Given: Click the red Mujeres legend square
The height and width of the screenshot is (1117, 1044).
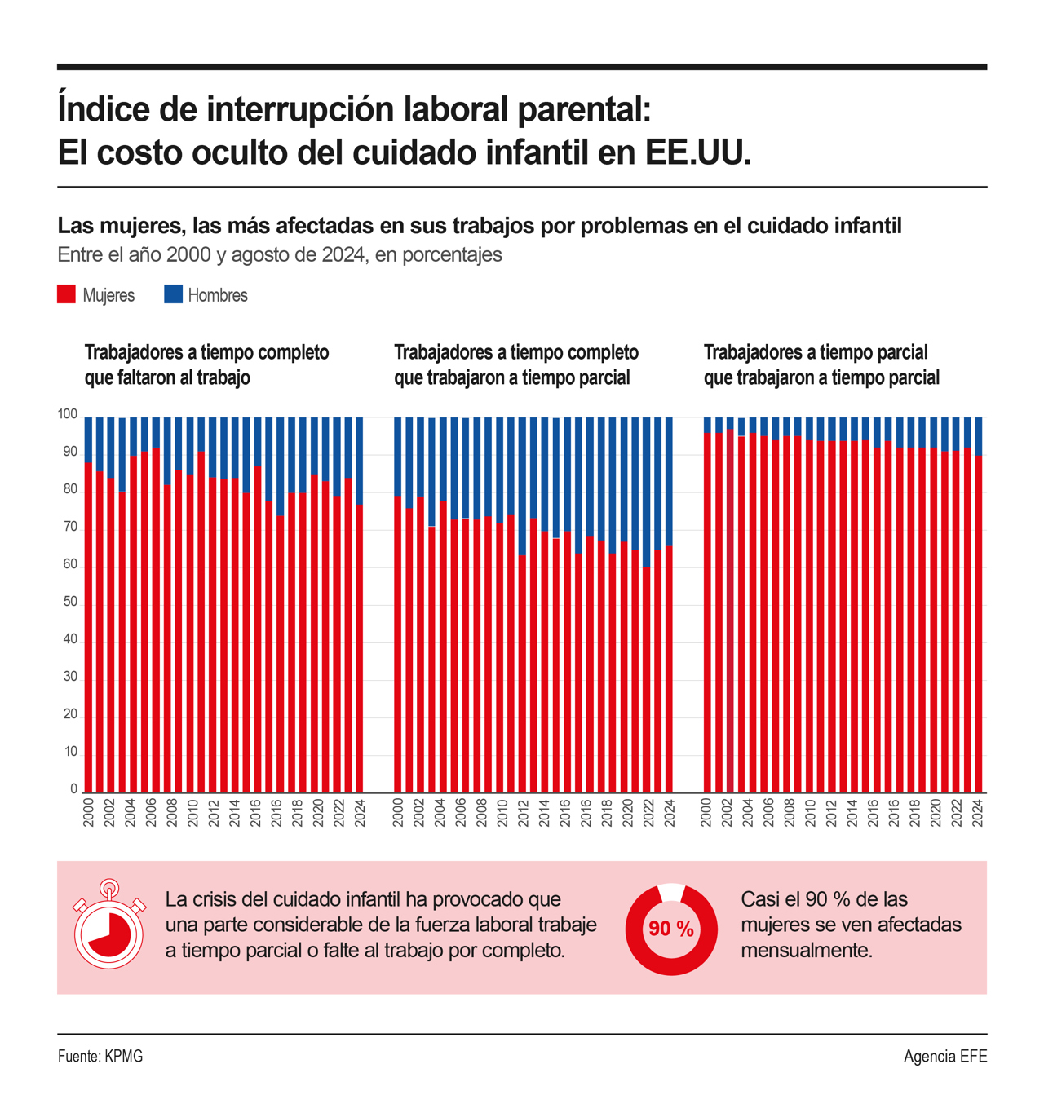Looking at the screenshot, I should pyautogui.click(x=66, y=294).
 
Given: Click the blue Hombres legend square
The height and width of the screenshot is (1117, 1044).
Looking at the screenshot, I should pyautogui.click(x=173, y=294).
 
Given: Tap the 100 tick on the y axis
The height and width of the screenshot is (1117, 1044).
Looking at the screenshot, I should pyautogui.click(x=67, y=414).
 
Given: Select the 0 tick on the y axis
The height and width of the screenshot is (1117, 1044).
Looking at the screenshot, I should pyautogui.click(x=73, y=789).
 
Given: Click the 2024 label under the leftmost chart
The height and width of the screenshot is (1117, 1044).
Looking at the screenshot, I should pyautogui.click(x=360, y=813).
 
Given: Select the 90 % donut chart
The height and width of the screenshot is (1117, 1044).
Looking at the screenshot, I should pyautogui.click(x=671, y=929).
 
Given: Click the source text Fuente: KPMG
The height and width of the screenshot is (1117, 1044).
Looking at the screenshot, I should pyautogui.click(x=100, y=1057).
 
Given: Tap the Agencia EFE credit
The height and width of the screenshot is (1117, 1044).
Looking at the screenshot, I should pyautogui.click(x=944, y=1057).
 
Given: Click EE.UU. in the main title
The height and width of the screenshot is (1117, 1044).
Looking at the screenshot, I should pyautogui.click(x=698, y=152).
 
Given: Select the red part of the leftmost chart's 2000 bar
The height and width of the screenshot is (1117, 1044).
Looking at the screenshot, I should pyautogui.click(x=89, y=628).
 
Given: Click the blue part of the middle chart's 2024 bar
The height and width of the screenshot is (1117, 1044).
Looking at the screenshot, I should pyautogui.click(x=669, y=481).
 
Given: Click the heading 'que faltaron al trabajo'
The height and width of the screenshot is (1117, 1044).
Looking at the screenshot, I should pyautogui.click(x=167, y=377).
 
